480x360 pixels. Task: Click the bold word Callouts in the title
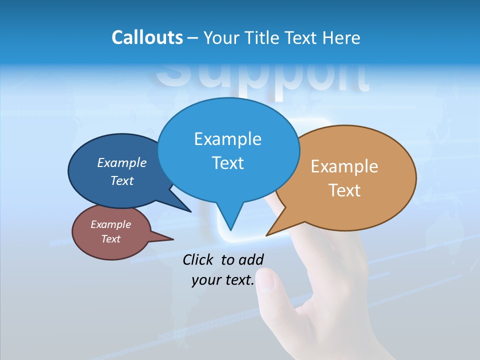click(147, 37)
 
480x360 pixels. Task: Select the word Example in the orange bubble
click(344, 166)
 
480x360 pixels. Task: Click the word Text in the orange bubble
click(344, 190)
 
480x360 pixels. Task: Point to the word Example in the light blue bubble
click(227, 139)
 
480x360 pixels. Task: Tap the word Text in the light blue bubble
click(227, 163)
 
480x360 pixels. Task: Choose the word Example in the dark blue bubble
click(121, 162)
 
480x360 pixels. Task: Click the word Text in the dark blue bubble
click(121, 180)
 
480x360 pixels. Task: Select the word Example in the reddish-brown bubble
click(110, 224)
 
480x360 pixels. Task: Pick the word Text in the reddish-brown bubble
click(110, 239)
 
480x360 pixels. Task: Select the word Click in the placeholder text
click(199, 259)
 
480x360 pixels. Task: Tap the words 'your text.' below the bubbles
click(223, 280)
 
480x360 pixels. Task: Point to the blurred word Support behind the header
click(262, 77)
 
